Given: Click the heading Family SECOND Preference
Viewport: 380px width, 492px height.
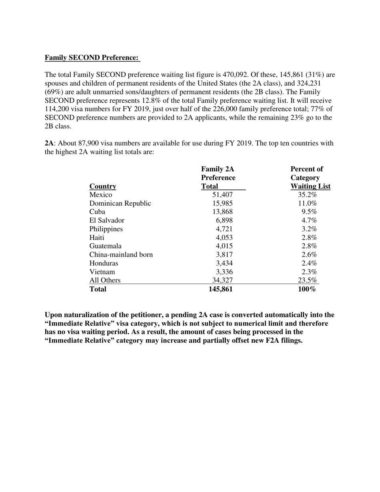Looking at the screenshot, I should [x=92, y=58].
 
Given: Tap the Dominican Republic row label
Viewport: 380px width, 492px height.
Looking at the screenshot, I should [x=120, y=203].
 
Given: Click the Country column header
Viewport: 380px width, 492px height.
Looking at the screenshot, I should [x=103, y=186].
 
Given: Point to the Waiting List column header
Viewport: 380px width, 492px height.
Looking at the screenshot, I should [x=310, y=186].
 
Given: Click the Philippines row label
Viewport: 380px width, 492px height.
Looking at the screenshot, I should [x=106, y=229].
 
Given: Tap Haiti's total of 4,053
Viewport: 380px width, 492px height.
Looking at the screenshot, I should [x=224, y=238].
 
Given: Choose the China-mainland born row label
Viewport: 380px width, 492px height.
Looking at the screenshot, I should [x=121, y=254].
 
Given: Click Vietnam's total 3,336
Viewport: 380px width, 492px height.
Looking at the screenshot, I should [x=224, y=272].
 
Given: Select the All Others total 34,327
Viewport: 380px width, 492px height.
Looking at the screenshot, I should [x=222, y=280].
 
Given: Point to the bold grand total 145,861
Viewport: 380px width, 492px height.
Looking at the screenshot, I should [x=220, y=289].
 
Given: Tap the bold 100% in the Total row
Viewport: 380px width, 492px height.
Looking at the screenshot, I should [x=307, y=289].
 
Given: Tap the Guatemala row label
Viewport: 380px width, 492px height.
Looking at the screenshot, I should [x=105, y=246].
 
